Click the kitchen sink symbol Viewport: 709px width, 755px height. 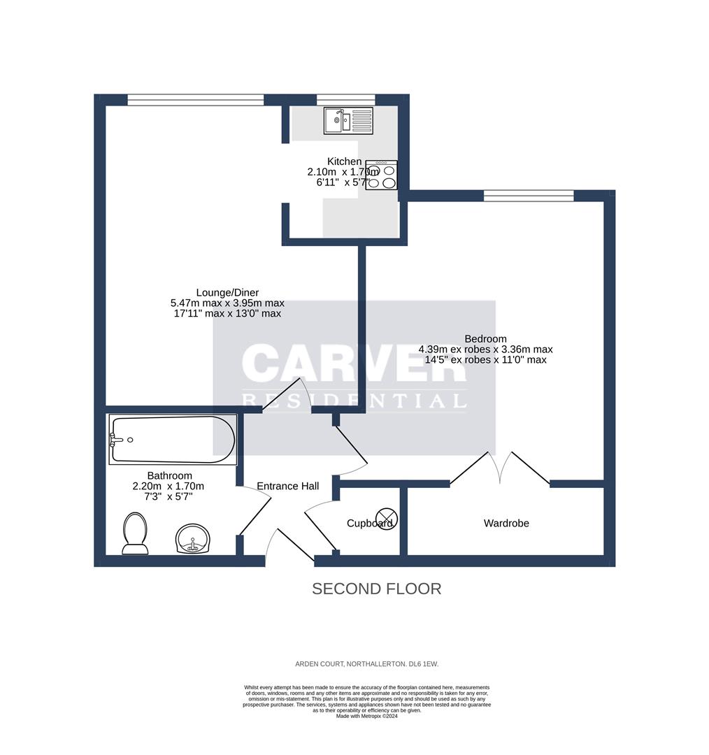click(348, 120)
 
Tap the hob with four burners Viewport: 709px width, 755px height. click(381, 175)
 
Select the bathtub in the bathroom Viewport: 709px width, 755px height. click(173, 440)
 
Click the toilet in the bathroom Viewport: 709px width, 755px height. click(135, 533)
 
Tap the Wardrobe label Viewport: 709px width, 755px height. click(506, 523)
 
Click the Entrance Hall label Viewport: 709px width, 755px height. click(287, 486)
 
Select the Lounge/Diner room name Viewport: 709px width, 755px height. click(227, 292)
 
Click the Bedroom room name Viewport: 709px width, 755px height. click(485, 338)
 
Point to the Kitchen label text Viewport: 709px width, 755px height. click(344, 161)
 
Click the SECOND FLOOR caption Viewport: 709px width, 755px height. click(376, 589)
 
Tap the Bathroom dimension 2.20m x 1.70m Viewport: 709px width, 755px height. click(169, 487)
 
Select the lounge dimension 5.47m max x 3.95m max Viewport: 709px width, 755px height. click(227, 303)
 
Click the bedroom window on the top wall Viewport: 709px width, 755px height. click(528, 195)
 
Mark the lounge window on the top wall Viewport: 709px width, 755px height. click(195, 99)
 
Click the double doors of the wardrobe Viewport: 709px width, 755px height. click(500, 468)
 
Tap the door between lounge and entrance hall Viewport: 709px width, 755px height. click(282, 396)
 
